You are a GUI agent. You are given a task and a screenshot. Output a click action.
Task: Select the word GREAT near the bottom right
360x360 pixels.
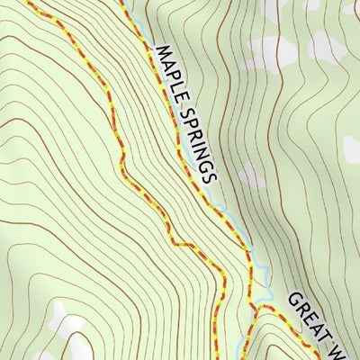point(310,314)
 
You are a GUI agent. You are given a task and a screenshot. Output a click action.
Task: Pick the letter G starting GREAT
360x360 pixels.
point(294,299)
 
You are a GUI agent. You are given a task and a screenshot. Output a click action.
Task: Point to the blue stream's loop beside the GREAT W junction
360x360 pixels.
point(264,292)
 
